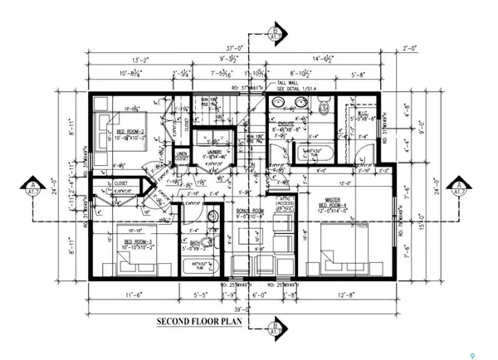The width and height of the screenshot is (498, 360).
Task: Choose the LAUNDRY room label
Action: (x=222, y=153)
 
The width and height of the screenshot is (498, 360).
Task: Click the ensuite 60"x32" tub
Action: (x=315, y=154)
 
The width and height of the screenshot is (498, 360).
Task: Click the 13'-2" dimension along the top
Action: (x=119, y=60)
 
